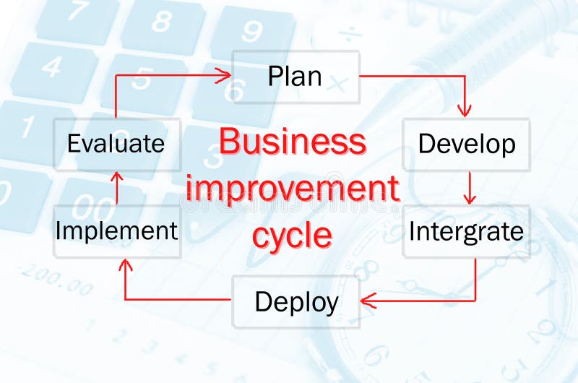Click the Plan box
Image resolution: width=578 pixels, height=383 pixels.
click(295, 76)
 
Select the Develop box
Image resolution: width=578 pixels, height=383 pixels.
click(466, 144)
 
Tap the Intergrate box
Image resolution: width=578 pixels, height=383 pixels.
click(466, 232)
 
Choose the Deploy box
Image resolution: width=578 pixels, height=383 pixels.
click(296, 301)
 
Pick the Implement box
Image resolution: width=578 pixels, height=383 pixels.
click(116, 231)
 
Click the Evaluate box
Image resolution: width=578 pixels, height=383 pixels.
click(116, 143)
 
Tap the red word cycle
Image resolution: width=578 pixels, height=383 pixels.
click(293, 235)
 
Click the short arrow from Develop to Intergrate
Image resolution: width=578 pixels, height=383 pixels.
click(470, 187)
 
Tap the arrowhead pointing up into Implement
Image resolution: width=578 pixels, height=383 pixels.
click(126, 266)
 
